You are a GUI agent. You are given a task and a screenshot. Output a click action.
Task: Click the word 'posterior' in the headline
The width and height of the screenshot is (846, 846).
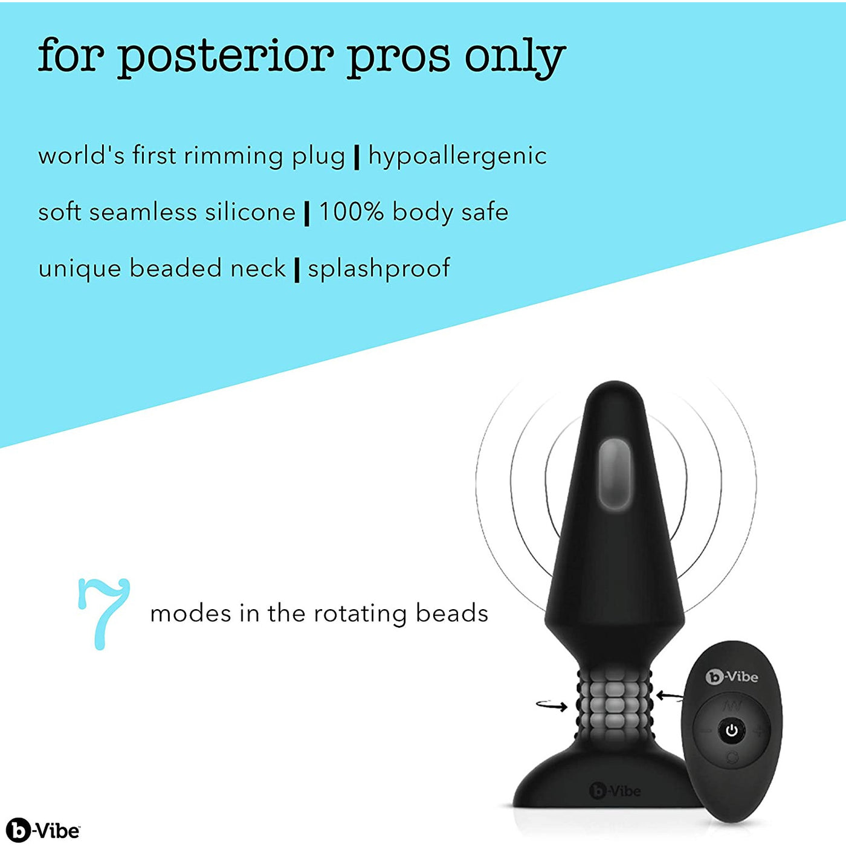click(x=227, y=57)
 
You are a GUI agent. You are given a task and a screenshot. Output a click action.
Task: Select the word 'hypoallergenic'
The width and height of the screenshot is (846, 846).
click(x=457, y=157)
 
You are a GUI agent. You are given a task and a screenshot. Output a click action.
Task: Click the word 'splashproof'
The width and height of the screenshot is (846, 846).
click(x=379, y=268)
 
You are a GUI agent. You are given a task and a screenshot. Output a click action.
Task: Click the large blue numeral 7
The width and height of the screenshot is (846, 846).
click(x=104, y=614)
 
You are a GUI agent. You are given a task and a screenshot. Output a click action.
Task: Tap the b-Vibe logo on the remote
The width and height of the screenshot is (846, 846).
click(x=732, y=677)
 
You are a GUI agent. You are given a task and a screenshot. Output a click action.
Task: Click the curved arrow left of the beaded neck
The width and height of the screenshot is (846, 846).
click(x=552, y=706)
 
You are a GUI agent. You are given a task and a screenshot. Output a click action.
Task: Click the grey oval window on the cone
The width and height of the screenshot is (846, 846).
click(x=615, y=475)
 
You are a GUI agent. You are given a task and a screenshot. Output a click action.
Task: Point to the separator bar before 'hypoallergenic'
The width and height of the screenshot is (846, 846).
click(x=357, y=157)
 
